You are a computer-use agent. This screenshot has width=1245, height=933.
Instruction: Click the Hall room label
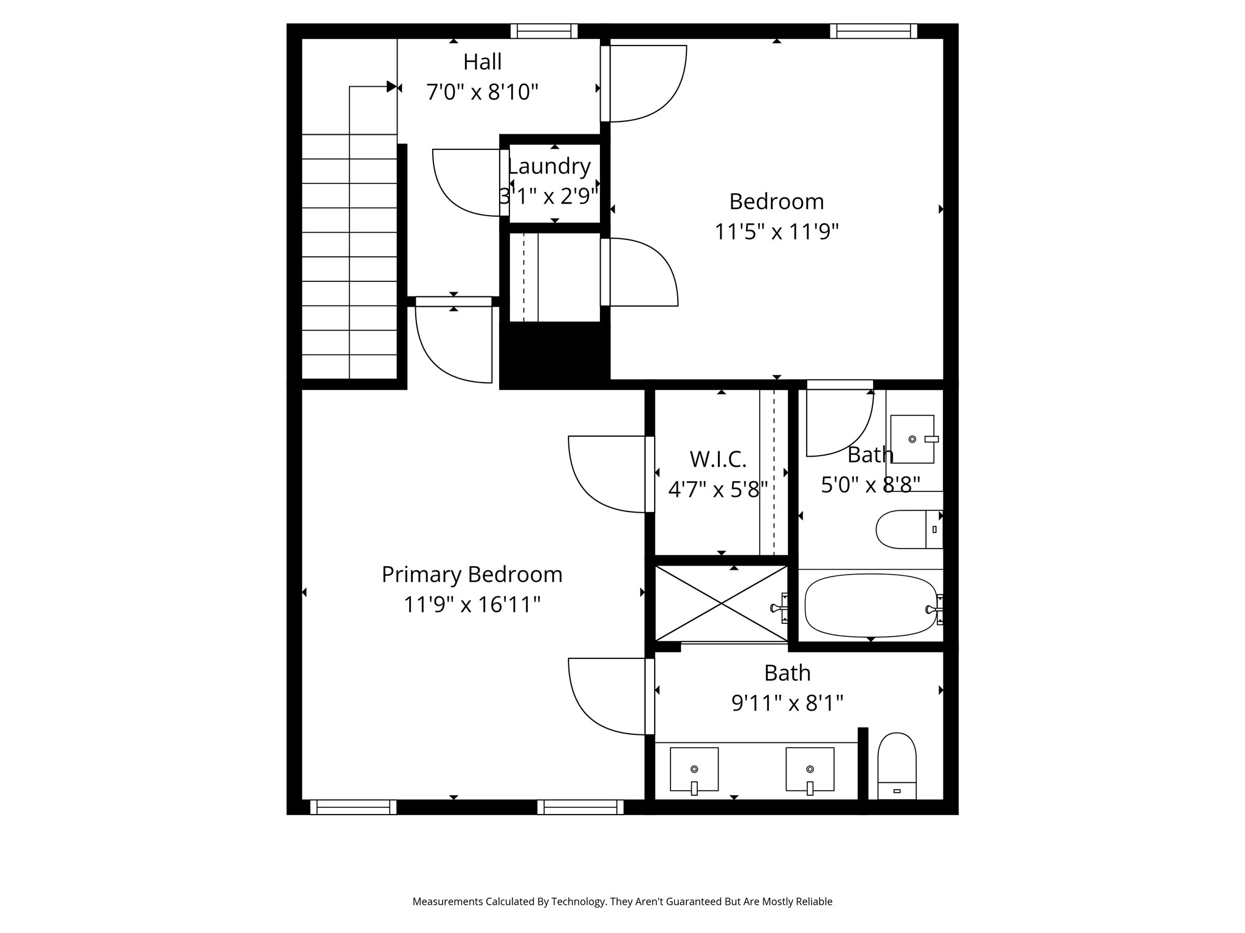pos(482,62)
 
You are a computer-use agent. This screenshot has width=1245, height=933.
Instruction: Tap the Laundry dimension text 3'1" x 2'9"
pos(549,196)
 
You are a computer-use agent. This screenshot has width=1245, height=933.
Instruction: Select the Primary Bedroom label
pos(472,575)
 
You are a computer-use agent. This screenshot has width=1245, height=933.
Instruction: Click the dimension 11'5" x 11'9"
pos(776,231)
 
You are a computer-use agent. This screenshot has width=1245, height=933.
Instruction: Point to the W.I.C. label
pos(718,459)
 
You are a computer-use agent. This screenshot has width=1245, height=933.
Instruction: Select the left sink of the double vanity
pos(694,769)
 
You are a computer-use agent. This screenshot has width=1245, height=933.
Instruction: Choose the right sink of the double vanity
pos(810,769)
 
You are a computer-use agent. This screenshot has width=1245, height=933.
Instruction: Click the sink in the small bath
pos(912,439)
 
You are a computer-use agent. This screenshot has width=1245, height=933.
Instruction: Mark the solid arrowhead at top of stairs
pos(391,87)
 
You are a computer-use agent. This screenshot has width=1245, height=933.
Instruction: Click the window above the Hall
pos(543,31)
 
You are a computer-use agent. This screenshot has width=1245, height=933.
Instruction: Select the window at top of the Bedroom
pos(873,31)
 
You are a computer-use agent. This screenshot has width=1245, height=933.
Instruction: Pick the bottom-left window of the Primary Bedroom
pos(353,807)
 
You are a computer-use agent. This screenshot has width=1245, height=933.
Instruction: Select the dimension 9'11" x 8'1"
pos(787,703)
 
